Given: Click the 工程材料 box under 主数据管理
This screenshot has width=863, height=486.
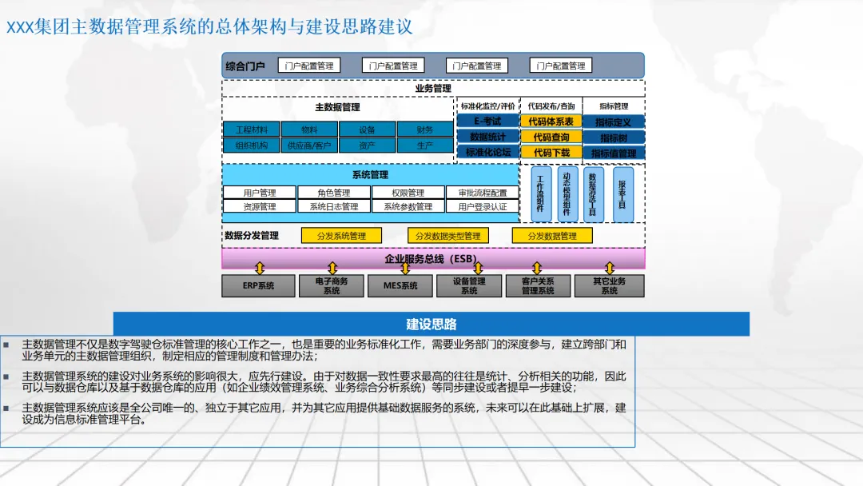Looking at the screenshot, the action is tap(251, 129).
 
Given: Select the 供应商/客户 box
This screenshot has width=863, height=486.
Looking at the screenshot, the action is tap(309, 145).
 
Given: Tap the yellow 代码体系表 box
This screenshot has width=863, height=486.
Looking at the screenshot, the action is tap(551, 121).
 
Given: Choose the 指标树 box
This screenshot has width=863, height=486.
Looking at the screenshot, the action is tap(614, 137).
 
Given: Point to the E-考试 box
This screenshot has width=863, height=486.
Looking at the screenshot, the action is tap(487, 121).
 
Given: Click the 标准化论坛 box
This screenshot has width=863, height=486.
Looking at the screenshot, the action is tap(487, 152).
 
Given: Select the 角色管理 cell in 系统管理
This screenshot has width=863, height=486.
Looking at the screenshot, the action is tap(333, 193).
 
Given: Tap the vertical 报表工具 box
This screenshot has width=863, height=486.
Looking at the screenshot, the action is tap(622, 194).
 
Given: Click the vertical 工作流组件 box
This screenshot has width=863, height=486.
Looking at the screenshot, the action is tap(541, 194).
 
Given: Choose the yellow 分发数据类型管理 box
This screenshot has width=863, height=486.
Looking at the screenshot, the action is tap(447, 236).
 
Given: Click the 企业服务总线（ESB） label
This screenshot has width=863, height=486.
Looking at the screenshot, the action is tap(432, 258).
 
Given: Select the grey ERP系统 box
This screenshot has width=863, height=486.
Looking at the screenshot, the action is tap(258, 285).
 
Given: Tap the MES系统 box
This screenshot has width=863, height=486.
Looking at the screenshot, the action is tap(400, 285).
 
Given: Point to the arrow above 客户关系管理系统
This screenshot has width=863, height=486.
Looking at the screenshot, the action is tap(537, 269).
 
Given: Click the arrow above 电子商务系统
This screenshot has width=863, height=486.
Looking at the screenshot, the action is tap(332, 269).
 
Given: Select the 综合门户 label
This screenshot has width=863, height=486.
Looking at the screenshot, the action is tap(245, 66).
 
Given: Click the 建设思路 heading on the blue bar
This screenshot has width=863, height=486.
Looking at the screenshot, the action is tap(431, 324).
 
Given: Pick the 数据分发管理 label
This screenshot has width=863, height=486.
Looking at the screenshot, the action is tap(252, 236).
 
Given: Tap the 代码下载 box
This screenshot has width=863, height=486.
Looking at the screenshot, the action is tap(551, 152).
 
